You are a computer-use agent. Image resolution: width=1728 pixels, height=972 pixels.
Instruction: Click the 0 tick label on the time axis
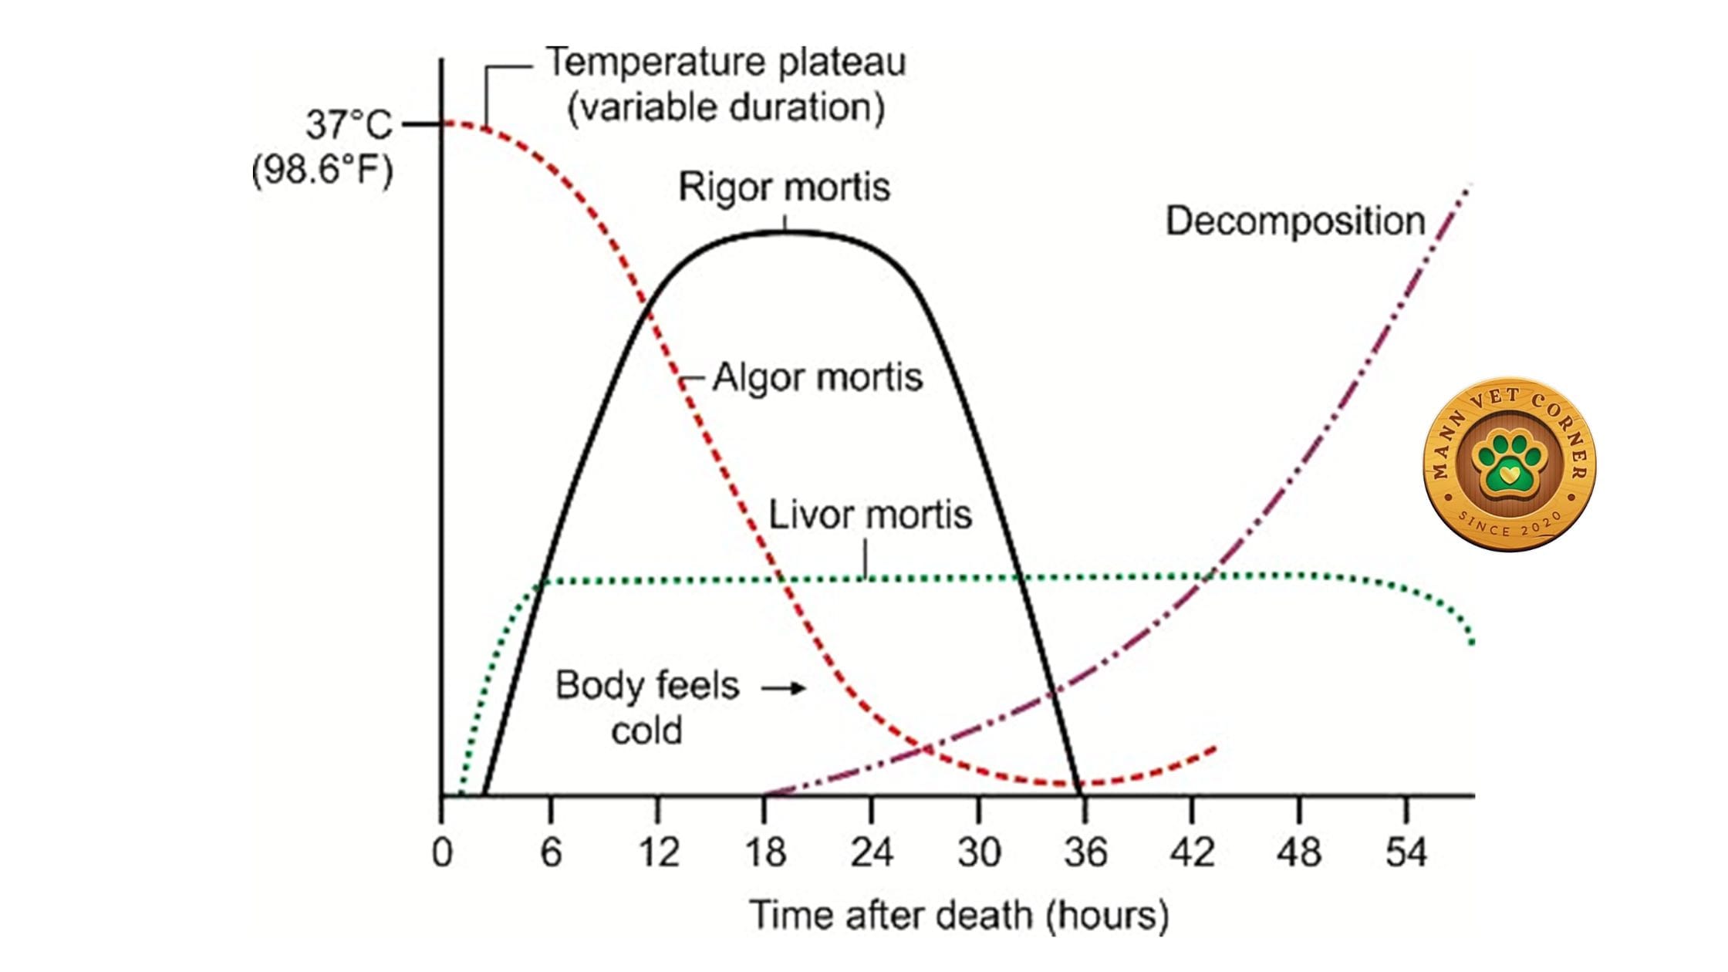tap(442, 853)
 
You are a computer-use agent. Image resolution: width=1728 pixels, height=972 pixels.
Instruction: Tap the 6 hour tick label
tap(550, 853)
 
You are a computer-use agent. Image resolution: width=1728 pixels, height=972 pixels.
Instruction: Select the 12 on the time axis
tap(658, 853)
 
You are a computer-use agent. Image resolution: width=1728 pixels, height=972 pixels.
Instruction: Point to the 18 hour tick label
tap(765, 853)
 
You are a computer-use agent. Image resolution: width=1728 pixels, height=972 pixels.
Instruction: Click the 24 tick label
tap(872, 853)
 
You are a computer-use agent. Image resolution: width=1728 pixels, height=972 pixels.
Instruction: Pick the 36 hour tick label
tap(1085, 853)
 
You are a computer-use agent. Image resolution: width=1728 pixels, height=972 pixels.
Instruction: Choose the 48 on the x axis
tap(1300, 853)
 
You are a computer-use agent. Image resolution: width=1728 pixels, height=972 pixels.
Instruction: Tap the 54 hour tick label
tap(1406, 853)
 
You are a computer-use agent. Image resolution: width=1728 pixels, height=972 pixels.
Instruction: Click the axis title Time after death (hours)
tap(959, 916)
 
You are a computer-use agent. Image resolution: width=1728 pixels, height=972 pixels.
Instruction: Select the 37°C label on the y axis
tap(349, 125)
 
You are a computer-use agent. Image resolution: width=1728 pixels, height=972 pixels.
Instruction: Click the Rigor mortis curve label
tap(784, 187)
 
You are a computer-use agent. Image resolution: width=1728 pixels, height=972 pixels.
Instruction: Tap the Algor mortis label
tap(817, 378)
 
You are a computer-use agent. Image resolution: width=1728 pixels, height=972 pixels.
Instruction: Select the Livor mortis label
tap(870, 515)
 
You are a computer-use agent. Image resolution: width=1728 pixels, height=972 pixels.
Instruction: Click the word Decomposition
tap(1294, 221)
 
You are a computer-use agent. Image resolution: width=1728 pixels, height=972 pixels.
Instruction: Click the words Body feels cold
tap(647, 707)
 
